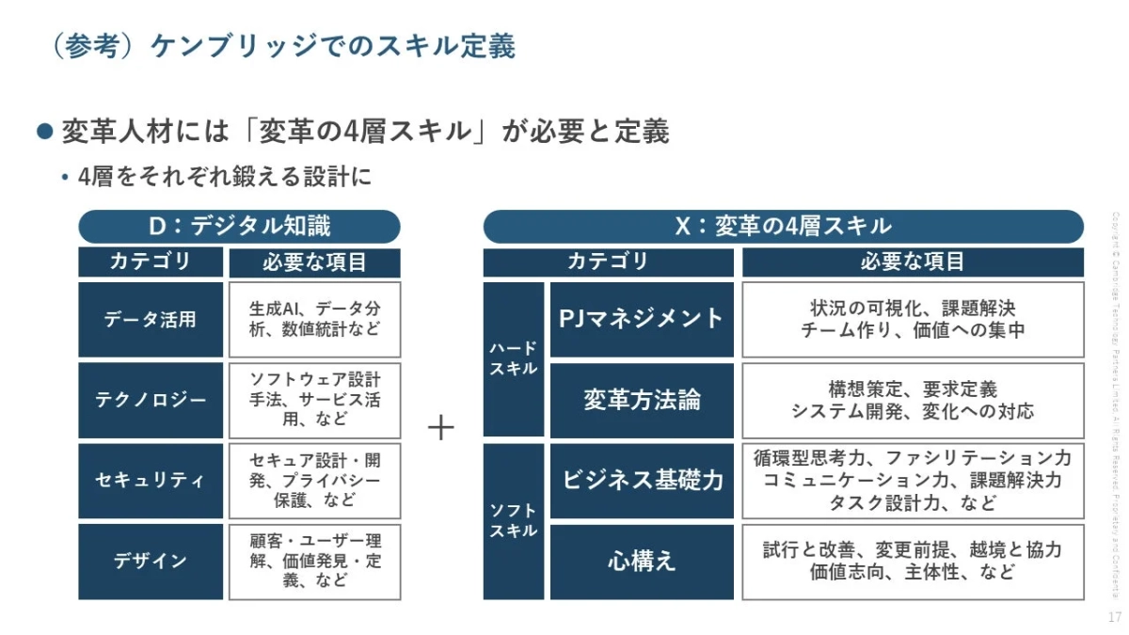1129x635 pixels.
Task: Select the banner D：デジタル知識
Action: coord(239,227)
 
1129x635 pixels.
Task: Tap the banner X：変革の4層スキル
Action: coord(783,227)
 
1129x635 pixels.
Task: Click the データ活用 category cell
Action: coord(151,320)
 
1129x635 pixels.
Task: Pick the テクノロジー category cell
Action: coord(151,400)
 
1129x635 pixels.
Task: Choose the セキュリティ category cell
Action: coord(151,481)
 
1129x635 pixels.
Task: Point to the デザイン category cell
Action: coord(151,562)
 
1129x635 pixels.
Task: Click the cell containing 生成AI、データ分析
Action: coord(314,320)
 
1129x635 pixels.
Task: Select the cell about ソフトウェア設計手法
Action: coord(314,400)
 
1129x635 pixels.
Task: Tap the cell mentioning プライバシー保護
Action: coord(314,481)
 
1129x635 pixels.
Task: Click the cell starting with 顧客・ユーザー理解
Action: coord(314,562)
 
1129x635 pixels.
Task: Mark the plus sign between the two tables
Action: coord(441,428)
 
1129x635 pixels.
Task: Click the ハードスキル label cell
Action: coord(513,359)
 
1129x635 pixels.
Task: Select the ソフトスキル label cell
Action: coord(513,521)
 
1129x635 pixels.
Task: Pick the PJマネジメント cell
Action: coord(642,320)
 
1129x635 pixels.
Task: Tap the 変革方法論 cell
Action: coord(642,400)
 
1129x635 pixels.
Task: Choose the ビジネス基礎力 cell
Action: coord(642,481)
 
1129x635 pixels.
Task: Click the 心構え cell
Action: coord(642,562)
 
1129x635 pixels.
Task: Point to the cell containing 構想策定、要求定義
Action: coord(913,400)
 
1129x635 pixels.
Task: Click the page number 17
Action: coord(1114,617)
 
